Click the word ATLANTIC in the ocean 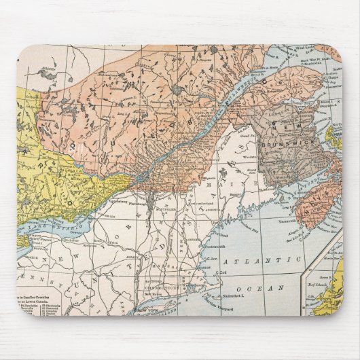coord(267,260)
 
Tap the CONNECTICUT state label coord(160,289)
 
